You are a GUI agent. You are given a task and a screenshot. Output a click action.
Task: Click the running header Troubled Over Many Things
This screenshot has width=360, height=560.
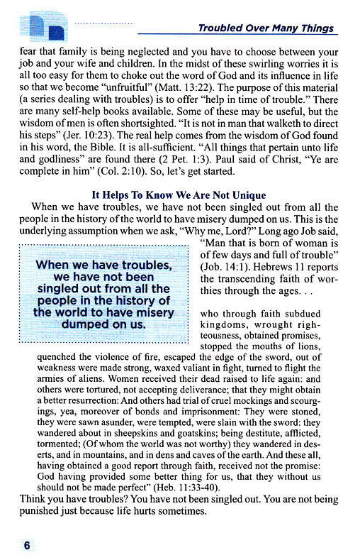pyautogui.click(x=266, y=28)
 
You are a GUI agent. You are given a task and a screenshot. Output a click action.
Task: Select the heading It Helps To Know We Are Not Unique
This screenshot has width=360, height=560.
pyautogui.click(x=179, y=195)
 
